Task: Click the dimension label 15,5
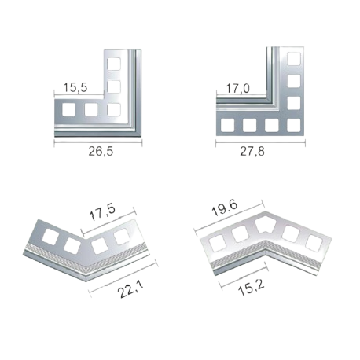click(75, 87)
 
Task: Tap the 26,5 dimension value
click(101, 151)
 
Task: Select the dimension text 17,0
click(237, 88)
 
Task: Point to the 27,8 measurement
click(252, 151)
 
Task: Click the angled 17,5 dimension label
click(102, 212)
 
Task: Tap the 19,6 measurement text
click(225, 208)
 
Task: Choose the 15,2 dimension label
click(251, 288)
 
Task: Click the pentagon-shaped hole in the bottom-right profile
click(266, 226)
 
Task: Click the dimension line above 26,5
click(98, 143)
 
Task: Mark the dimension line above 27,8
click(260, 142)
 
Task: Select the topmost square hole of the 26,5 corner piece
click(114, 64)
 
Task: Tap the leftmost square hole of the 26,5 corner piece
click(69, 109)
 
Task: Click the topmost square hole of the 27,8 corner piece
click(294, 59)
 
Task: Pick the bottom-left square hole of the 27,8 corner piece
click(227, 125)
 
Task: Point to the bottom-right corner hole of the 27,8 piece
click(294, 125)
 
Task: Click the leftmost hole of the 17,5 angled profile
click(50, 237)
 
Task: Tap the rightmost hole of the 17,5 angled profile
click(122, 237)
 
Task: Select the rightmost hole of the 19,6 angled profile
click(314, 244)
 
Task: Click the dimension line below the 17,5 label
click(108, 222)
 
